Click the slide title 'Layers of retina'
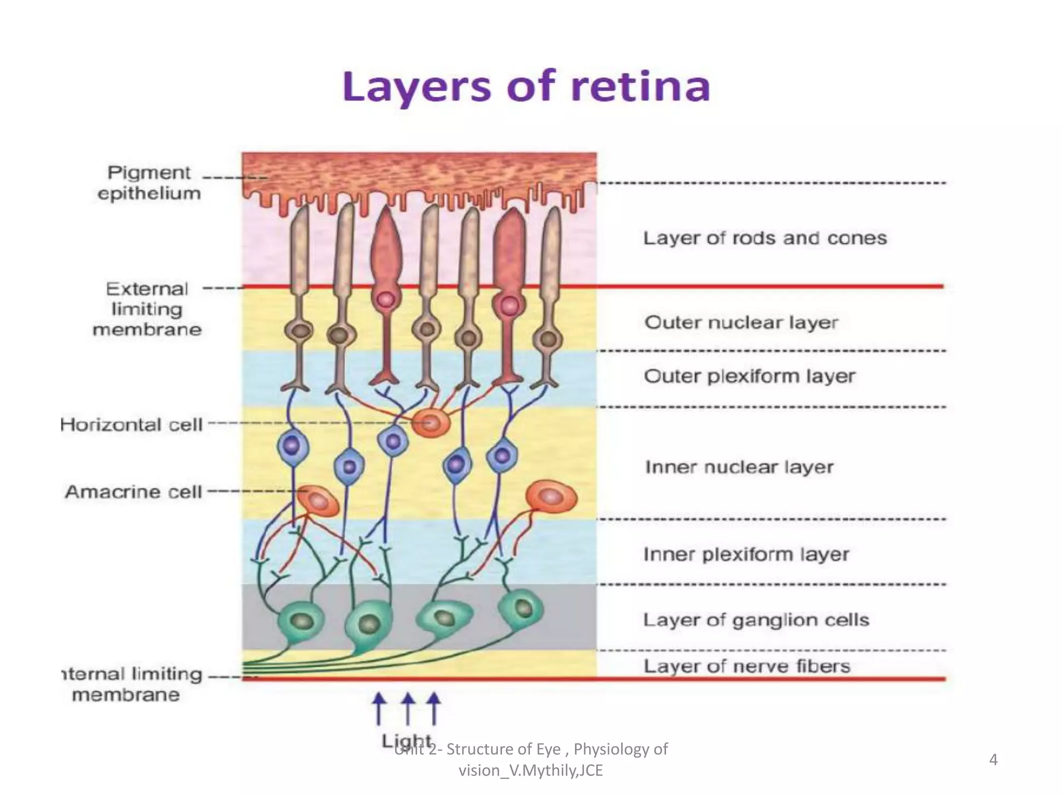tap(526, 87)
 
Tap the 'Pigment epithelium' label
tap(149, 183)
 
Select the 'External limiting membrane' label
tap(147, 309)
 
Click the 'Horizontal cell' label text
tap(132, 425)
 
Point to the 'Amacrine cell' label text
tap(134, 492)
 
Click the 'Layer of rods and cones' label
tap(765, 238)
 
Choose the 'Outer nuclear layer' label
tap(741, 322)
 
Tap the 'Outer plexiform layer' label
tap(749, 376)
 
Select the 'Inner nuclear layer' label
tap(739, 467)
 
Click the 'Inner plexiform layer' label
tap(746, 555)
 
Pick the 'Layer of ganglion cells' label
tap(756, 620)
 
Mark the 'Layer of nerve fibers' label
tap(747, 666)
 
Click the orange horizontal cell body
tap(431, 423)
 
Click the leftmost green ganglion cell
tap(300, 620)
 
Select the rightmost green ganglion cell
tap(521, 608)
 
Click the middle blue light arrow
tap(408, 708)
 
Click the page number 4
tap(993, 760)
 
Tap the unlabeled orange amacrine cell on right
tap(551, 496)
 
